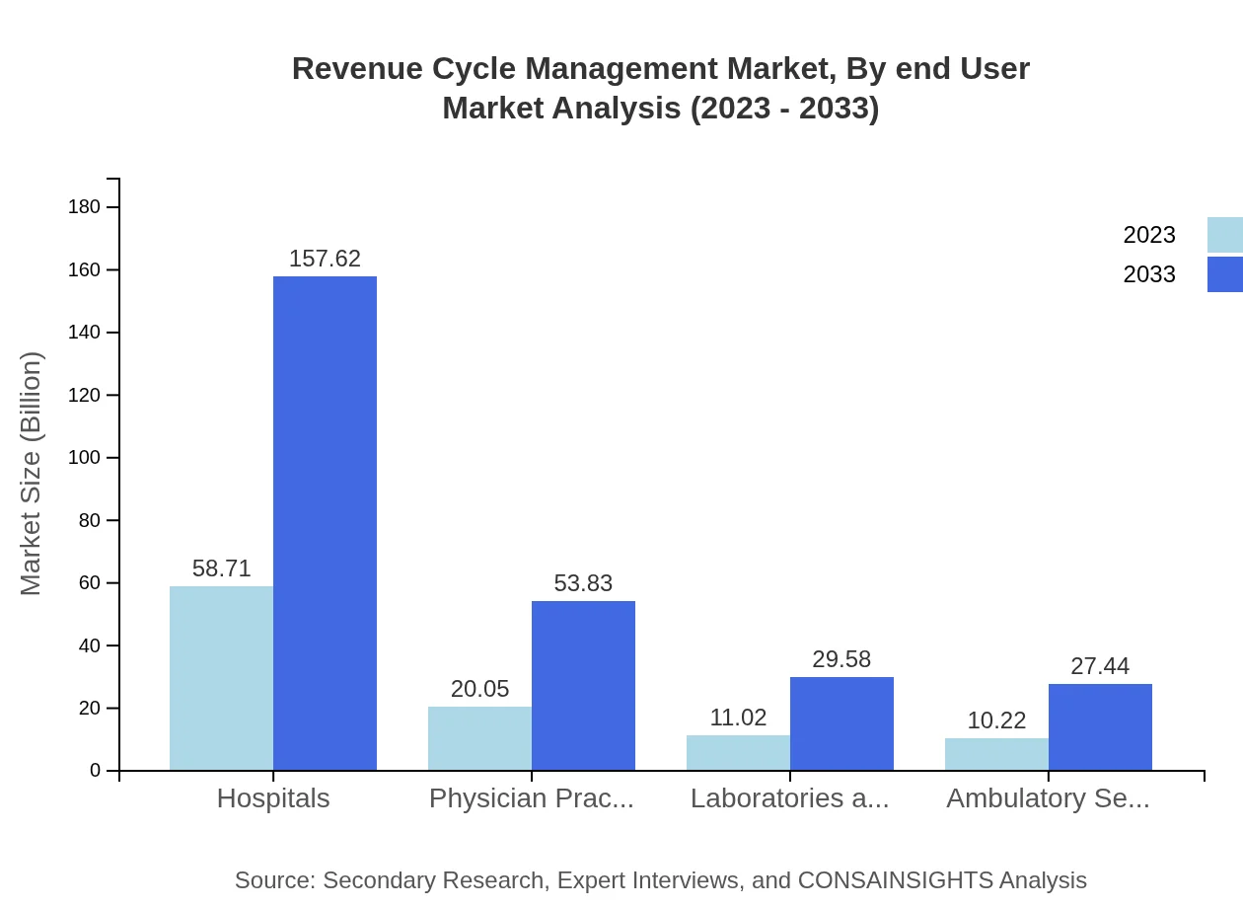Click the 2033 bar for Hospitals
pos(325,523)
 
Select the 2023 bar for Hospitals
pos(221,678)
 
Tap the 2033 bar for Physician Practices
pos(583,685)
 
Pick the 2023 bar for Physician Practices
pos(479,738)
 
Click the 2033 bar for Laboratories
pos(841,723)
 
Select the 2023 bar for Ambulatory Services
pos(996,754)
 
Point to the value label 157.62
pos(325,259)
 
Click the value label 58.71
pos(221,568)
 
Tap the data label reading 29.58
pos(841,659)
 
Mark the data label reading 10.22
pos(996,720)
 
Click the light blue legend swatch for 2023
pos(1224,235)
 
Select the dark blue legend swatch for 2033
pos(1224,274)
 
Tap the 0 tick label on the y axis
pos(96,771)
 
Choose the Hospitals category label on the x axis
pos(273,798)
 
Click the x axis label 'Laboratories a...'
pos(789,798)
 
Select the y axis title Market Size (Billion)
pos(32,474)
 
